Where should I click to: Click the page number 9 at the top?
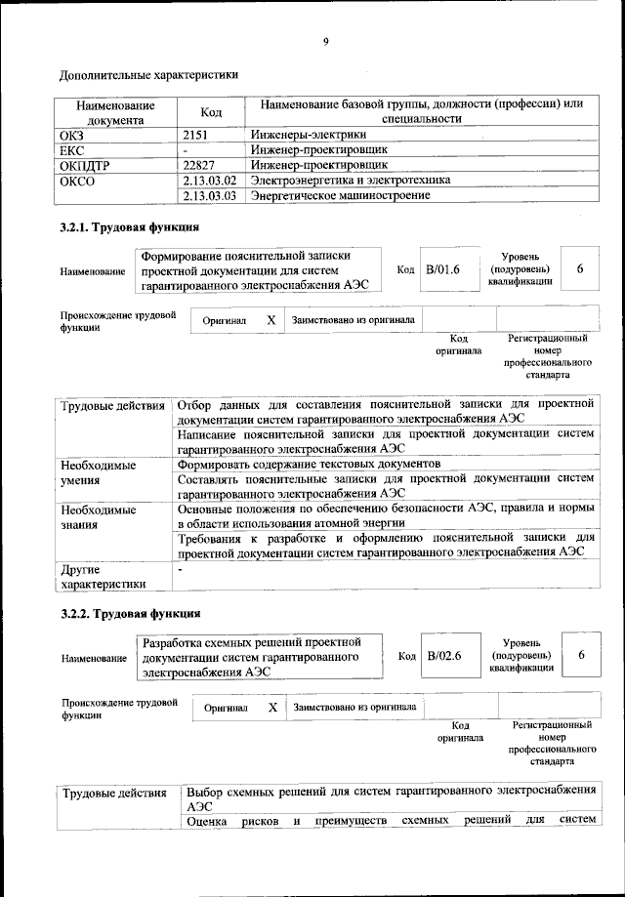click(326, 41)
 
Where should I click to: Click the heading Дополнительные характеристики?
click(148, 74)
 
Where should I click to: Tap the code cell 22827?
click(201, 165)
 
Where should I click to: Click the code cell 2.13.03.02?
click(210, 181)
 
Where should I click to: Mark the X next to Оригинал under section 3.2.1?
click(271, 320)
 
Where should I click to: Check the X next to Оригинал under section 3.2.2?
click(273, 707)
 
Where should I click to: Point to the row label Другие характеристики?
click(103, 576)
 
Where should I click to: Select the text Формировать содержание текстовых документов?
click(309, 464)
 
